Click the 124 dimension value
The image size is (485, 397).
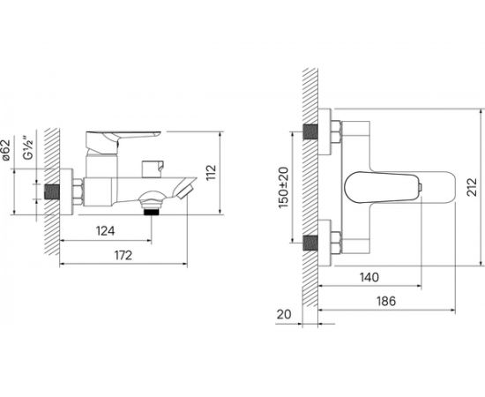point(106,231)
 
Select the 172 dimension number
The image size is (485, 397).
point(123,255)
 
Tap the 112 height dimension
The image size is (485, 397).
point(212,173)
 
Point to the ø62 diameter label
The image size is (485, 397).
point(6,150)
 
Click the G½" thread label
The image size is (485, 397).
point(28,147)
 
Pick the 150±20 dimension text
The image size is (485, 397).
point(283,187)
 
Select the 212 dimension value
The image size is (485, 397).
point(472,186)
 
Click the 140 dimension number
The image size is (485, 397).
point(369,277)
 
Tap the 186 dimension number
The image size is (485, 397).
point(386,301)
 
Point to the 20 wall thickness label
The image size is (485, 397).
point(284,314)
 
